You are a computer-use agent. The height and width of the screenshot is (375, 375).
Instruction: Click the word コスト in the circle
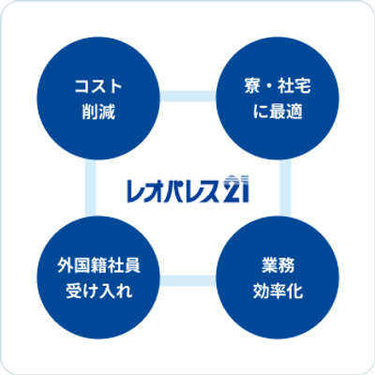pos(98,86)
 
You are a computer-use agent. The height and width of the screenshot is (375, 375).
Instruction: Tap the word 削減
pos(98,112)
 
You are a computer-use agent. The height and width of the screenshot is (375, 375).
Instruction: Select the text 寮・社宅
pos(277,86)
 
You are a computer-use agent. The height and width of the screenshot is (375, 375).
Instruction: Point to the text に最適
pos(277,112)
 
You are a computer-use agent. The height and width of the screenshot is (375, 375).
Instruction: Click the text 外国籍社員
pos(98,266)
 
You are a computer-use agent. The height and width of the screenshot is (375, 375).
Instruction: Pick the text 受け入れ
pos(98,291)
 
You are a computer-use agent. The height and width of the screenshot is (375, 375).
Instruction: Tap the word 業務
pos(277,266)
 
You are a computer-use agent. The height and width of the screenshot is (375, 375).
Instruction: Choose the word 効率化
pos(277,291)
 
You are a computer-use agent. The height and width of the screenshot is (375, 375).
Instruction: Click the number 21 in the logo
pos(236,188)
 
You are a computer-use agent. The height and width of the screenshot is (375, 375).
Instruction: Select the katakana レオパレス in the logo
pos(173,190)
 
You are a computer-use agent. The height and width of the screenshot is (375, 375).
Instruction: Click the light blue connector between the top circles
pos(187,96)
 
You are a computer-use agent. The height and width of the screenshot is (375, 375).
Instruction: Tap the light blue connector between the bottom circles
pos(187,280)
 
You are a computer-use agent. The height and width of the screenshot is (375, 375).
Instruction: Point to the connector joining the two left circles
pos(91,187)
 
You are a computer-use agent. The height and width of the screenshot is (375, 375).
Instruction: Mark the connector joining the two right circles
pos(285,187)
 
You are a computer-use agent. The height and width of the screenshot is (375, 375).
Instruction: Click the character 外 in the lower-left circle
pos(65,266)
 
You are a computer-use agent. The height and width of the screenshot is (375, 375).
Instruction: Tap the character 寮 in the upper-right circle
pos(252,86)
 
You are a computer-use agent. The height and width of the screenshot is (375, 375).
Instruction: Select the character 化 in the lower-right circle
pos(294,291)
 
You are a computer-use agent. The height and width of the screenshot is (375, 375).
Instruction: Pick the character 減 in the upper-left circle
pos(107,112)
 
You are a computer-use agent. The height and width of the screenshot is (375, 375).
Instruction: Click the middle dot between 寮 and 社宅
pos(269,86)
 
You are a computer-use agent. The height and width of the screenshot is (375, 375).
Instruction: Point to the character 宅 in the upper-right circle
pos(303,86)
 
